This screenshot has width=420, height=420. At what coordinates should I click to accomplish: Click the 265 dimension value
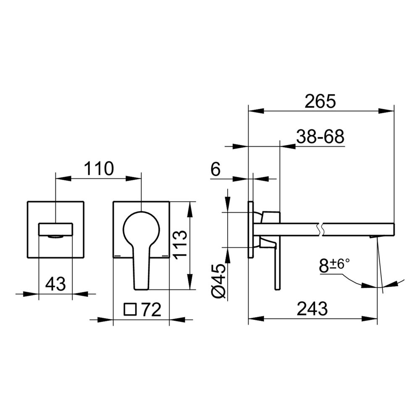point(320,101)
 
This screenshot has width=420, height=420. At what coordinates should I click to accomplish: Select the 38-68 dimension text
point(320,136)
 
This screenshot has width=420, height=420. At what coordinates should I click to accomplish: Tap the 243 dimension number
point(312,309)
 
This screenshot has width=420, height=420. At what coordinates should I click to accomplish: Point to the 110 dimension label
point(99,168)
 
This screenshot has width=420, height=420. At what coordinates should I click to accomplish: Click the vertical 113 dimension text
point(180,244)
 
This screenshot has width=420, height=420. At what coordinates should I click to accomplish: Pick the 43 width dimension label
point(55,284)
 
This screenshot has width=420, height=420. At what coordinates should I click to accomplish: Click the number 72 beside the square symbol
point(151,310)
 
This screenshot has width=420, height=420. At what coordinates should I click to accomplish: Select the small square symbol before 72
point(131,310)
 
